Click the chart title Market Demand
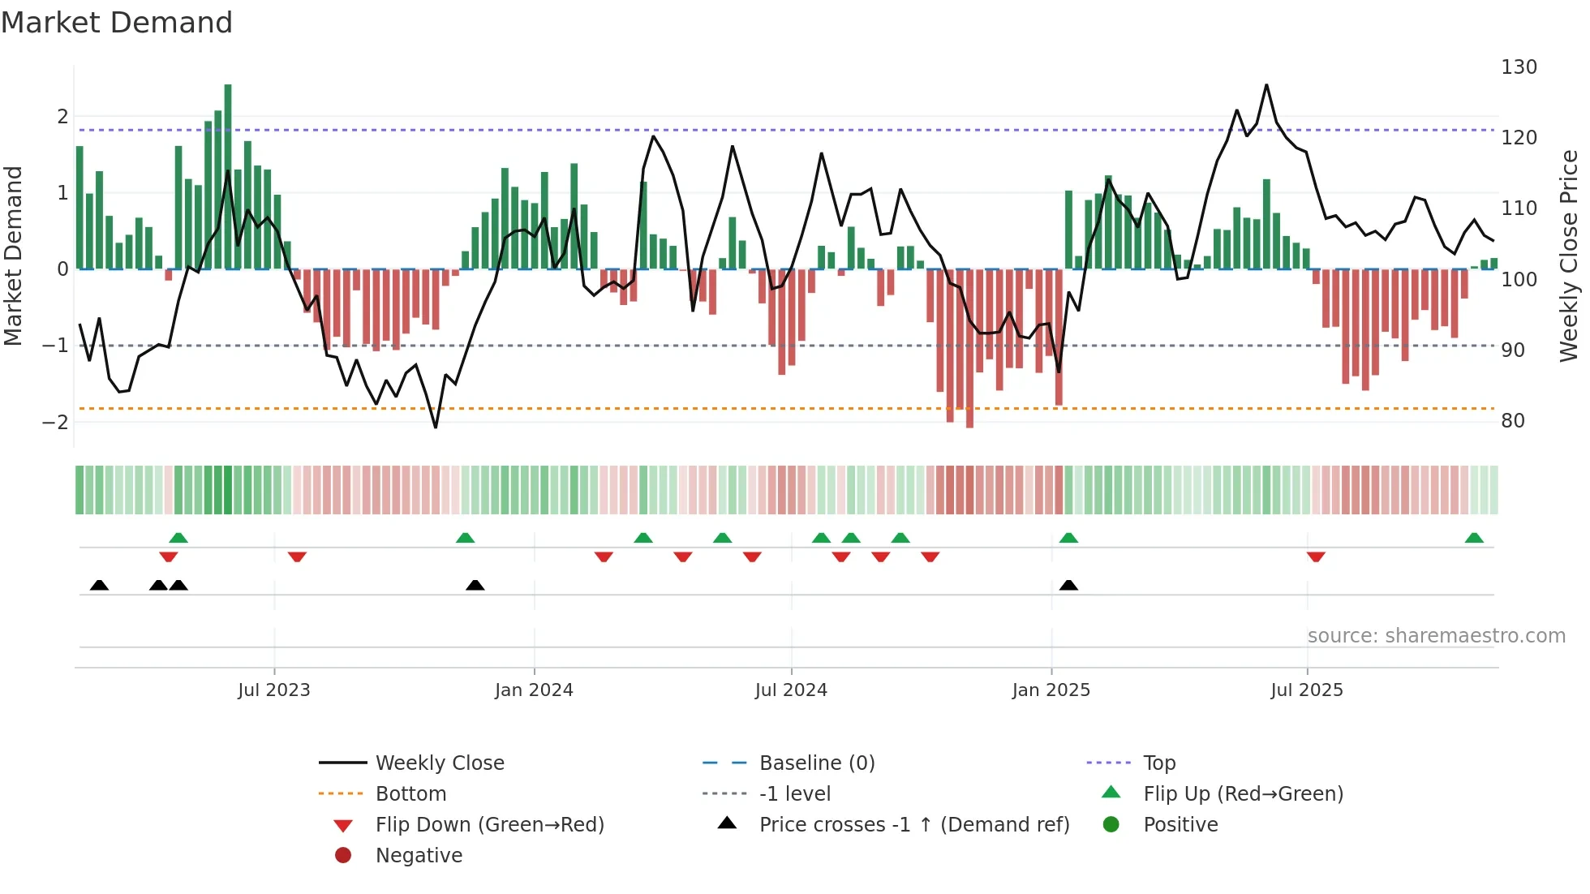117,23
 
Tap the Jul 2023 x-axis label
274,690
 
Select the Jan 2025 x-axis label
1051,690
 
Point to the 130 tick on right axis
1519,67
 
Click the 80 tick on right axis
1513,421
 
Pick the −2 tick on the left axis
55,423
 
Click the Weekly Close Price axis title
1569,256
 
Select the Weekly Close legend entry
440,763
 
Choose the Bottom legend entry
410,794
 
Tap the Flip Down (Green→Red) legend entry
489,825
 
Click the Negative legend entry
419,856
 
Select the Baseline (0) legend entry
817,763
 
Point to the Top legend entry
1159,763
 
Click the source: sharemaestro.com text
1436,636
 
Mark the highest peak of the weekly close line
1266,85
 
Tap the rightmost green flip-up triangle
1474,538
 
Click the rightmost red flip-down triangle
1316,557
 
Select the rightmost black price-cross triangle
1069,585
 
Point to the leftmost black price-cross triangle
99,585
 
